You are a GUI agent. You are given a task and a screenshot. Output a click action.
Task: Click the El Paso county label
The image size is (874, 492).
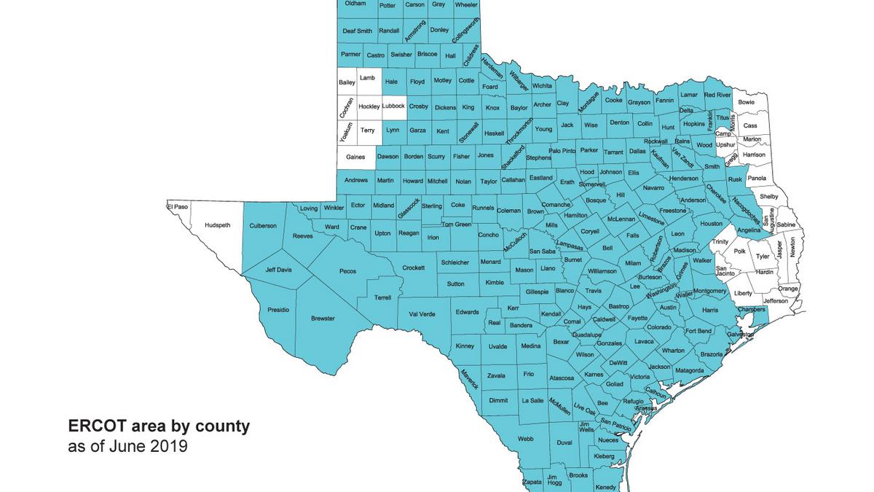click(x=178, y=207)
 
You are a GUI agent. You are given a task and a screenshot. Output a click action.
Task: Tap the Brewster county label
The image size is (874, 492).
click(x=323, y=319)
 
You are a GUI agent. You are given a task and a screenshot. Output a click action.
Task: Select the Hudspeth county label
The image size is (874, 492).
click(x=218, y=225)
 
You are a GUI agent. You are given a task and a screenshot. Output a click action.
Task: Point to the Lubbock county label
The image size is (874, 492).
click(x=393, y=106)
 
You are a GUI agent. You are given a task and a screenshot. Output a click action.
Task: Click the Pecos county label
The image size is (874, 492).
click(x=347, y=271)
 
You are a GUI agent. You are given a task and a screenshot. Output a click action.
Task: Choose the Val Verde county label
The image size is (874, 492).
click(x=422, y=314)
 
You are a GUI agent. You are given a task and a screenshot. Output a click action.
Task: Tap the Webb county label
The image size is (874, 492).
click(x=525, y=439)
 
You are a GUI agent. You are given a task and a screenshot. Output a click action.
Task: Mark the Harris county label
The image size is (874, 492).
click(x=710, y=310)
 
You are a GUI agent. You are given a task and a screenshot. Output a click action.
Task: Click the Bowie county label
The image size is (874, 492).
click(x=747, y=102)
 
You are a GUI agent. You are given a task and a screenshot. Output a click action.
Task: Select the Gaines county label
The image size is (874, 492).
click(x=355, y=156)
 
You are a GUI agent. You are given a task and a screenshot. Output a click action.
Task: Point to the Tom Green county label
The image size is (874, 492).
click(x=457, y=224)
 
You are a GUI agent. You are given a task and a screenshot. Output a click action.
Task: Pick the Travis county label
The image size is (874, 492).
click(x=594, y=291)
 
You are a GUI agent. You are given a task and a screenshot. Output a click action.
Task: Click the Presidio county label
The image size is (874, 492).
click(x=278, y=310)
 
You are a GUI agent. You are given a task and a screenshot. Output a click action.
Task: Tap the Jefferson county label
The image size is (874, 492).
click(x=776, y=300)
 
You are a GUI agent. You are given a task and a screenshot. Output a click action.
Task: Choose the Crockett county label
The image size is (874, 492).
click(x=414, y=268)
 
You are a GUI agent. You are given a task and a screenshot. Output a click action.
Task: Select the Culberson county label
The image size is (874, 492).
click(x=263, y=226)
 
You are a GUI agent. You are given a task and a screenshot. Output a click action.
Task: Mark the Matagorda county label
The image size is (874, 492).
click(x=689, y=370)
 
